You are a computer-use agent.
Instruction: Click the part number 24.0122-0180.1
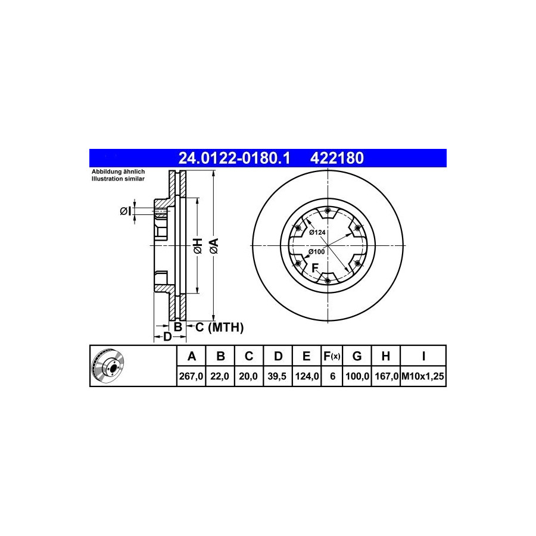(234, 158)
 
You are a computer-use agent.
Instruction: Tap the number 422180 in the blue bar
(336, 158)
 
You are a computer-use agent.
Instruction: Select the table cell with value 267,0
(191, 376)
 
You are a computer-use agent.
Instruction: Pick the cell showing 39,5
(278, 376)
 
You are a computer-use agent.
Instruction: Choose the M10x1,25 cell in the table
(423, 376)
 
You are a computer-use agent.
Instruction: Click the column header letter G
(357, 356)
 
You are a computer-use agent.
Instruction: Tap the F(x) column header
(332, 356)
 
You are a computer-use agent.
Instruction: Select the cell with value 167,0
(386, 376)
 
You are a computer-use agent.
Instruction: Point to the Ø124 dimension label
(317, 232)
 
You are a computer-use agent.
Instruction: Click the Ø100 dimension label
(317, 252)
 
